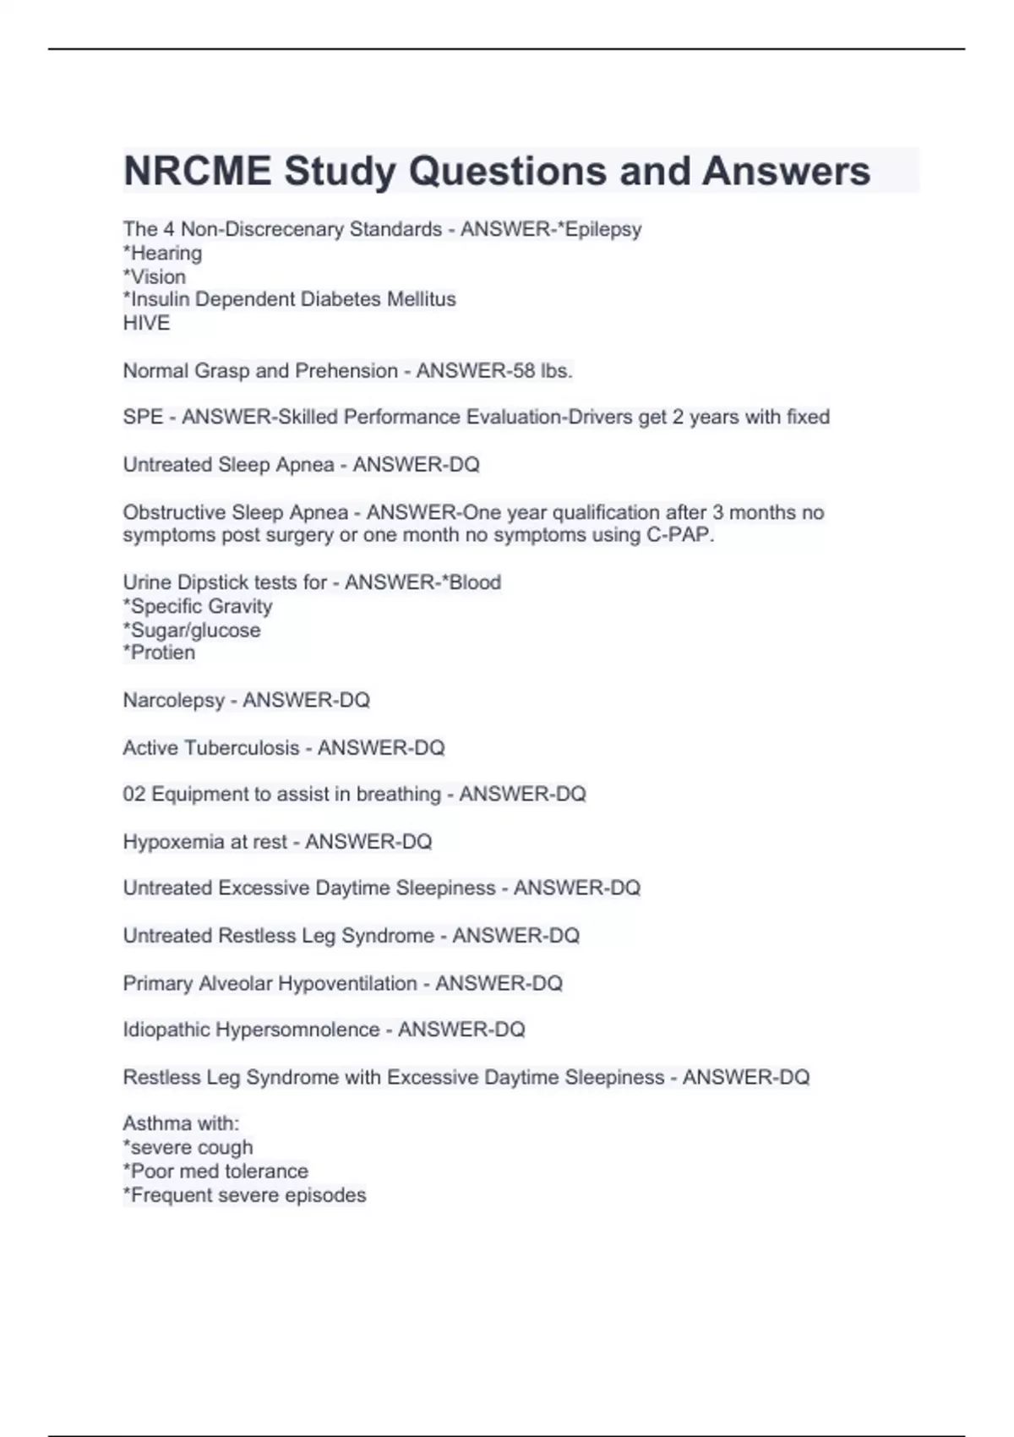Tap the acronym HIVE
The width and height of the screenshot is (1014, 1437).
[146, 323]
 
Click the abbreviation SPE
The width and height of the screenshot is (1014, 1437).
[143, 417]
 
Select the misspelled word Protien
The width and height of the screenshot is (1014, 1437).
[162, 653]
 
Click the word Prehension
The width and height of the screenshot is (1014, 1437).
[346, 370]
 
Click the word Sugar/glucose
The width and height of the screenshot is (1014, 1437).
[195, 630]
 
